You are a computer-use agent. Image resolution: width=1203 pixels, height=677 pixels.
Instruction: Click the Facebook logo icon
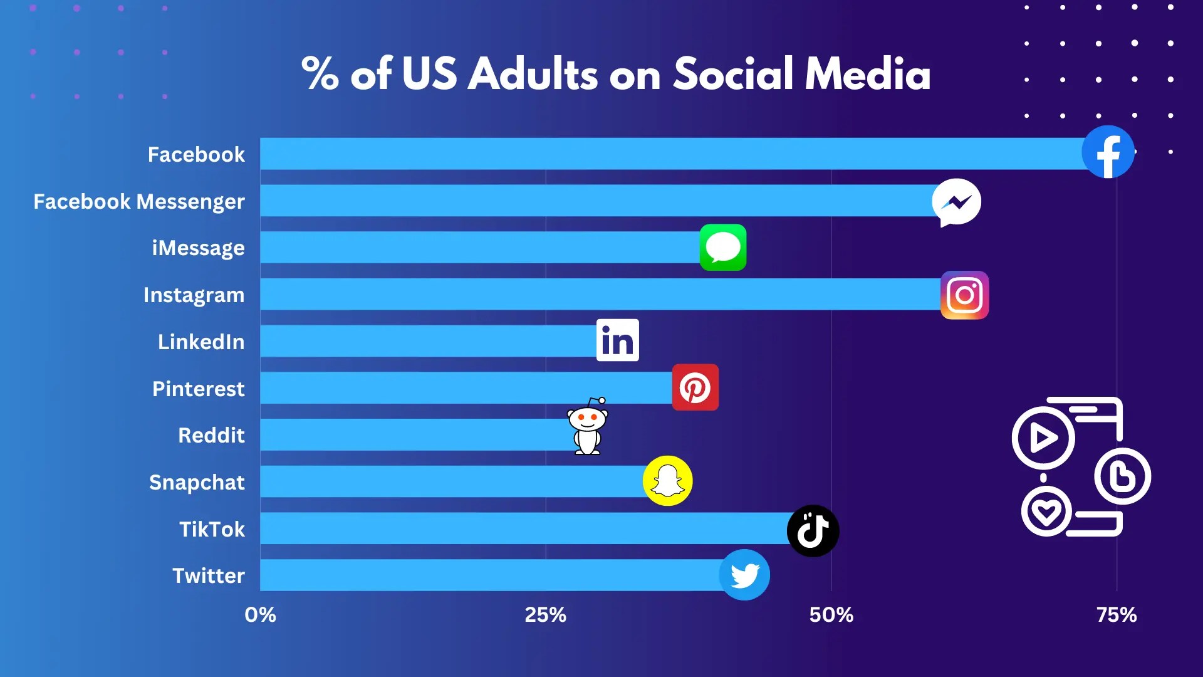pyautogui.click(x=1108, y=152)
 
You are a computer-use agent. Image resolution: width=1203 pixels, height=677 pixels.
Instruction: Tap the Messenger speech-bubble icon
pyautogui.click(x=956, y=202)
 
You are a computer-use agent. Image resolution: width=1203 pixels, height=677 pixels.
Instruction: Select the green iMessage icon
pyautogui.click(x=722, y=248)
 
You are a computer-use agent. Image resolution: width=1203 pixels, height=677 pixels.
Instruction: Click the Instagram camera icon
pyautogui.click(x=964, y=295)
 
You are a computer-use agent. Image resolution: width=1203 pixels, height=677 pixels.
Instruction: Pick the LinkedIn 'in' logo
pyautogui.click(x=617, y=340)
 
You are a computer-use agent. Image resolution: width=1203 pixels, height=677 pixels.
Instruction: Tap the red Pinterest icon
pyautogui.click(x=695, y=387)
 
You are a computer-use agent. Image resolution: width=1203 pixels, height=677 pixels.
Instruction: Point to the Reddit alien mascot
pyautogui.click(x=587, y=427)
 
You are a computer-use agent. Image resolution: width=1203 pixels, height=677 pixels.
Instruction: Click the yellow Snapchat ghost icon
pyautogui.click(x=667, y=481)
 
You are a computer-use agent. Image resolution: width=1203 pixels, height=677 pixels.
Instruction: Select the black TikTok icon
pyautogui.click(x=813, y=531)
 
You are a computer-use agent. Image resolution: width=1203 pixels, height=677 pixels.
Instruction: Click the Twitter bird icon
pyautogui.click(x=744, y=575)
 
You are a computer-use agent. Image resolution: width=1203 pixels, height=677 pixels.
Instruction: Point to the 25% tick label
pyautogui.click(x=545, y=615)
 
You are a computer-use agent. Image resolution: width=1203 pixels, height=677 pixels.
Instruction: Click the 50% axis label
pyautogui.click(x=831, y=615)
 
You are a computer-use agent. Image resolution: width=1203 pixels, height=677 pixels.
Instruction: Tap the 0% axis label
pyautogui.click(x=260, y=615)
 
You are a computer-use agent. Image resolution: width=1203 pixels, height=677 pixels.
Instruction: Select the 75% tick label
pyautogui.click(x=1116, y=615)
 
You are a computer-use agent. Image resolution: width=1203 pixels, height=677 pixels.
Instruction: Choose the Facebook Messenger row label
pyautogui.click(x=139, y=202)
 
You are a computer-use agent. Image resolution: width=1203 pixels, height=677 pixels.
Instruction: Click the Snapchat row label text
pyautogui.click(x=197, y=483)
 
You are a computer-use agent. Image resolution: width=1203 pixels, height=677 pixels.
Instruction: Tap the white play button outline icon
pyautogui.click(x=1043, y=438)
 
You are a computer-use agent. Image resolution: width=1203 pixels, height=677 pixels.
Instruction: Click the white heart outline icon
pyautogui.click(x=1046, y=512)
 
